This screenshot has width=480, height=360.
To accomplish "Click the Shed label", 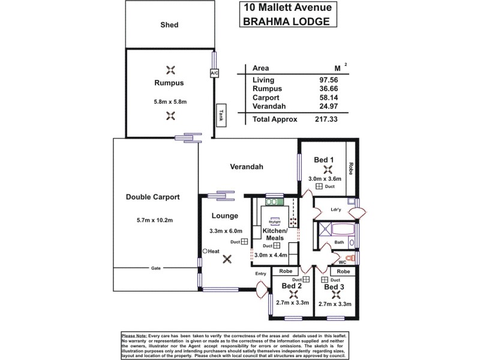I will [169, 25].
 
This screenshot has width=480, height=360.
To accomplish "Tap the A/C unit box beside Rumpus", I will [214, 73].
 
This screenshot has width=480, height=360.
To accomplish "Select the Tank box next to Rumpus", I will [221, 114].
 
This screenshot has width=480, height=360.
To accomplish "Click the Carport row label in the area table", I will [266, 98].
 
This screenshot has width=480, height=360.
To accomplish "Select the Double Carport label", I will [152, 197].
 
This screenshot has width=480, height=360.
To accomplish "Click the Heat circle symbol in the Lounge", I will [205, 251].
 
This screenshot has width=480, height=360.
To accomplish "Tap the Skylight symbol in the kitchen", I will [275, 220].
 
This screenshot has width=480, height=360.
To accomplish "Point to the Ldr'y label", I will [336, 209].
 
